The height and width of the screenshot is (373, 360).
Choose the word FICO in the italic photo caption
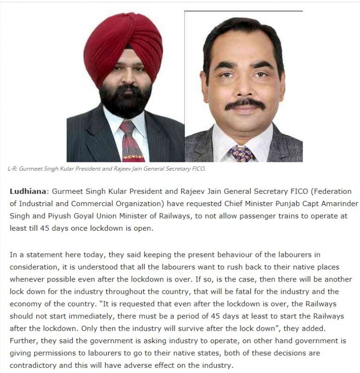pos(198,169)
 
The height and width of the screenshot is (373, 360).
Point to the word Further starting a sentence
pos(24,340)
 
